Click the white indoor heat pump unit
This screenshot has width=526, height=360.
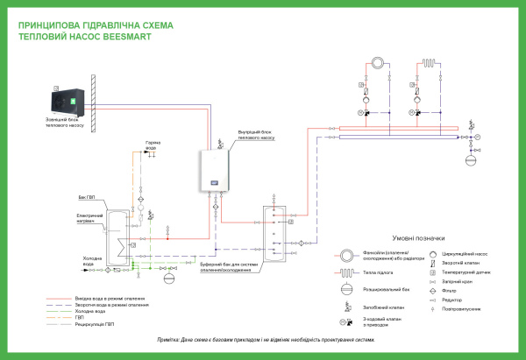(x=217, y=168)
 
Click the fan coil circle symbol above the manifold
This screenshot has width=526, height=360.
(x=377, y=64)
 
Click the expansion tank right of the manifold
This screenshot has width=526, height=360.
(x=470, y=159)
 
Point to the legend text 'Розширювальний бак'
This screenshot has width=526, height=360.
(x=383, y=287)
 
